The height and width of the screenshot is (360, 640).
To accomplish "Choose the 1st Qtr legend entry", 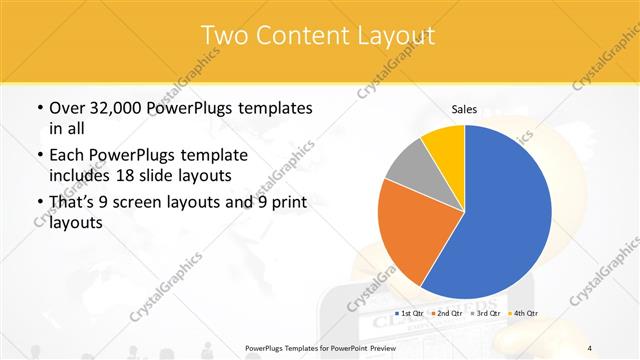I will pyautogui.click(x=412, y=313).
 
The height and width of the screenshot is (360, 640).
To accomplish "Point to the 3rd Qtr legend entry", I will pyautogui.click(x=487, y=313).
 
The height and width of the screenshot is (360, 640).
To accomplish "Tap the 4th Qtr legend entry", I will pyautogui.click(x=525, y=313).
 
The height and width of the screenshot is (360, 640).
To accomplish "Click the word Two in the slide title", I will pyautogui.click(x=224, y=35).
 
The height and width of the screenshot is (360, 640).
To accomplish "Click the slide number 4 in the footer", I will pyautogui.click(x=590, y=348).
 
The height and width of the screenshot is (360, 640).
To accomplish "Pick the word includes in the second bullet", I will pyautogui.click(x=82, y=176).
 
